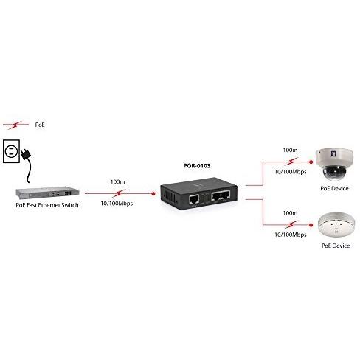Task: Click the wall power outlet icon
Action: [11, 151]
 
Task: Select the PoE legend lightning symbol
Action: [15, 125]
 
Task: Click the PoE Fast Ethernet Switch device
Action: [47, 193]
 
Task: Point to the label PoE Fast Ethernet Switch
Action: [47, 205]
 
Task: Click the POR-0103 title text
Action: [197, 166]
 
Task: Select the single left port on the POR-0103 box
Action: [194, 199]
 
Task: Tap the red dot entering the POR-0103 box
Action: [153, 194]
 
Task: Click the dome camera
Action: [334, 164]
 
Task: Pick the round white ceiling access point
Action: [336, 224]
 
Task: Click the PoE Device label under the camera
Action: [334, 189]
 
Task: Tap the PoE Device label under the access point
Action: [336, 246]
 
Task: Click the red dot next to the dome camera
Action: [311, 162]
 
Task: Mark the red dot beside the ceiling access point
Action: [311, 225]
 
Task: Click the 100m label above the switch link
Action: [117, 182]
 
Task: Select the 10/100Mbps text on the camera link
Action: [291, 172]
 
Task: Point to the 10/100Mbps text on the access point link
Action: [291, 235]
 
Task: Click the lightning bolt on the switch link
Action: [119, 193]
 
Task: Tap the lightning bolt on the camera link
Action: [291, 162]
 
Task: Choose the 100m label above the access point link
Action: [290, 213]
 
